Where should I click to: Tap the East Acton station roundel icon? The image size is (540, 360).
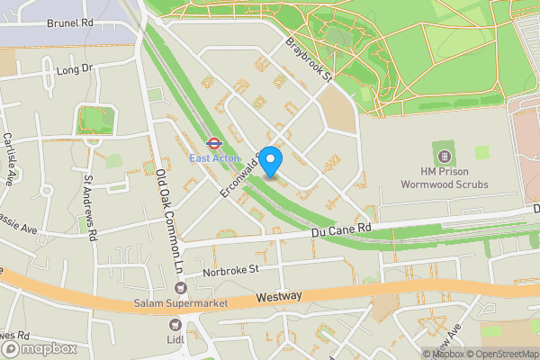[x=213, y=142]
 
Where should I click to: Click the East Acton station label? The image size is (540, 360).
[x=213, y=158]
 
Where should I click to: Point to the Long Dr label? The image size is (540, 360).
[x=75, y=68]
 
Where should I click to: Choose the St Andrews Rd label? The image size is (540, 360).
[x=91, y=206]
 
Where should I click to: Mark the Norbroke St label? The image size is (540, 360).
[x=230, y=268]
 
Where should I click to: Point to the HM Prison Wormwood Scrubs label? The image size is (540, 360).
[x=454, y=176]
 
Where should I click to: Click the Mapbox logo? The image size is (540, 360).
[x=38, y=347]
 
